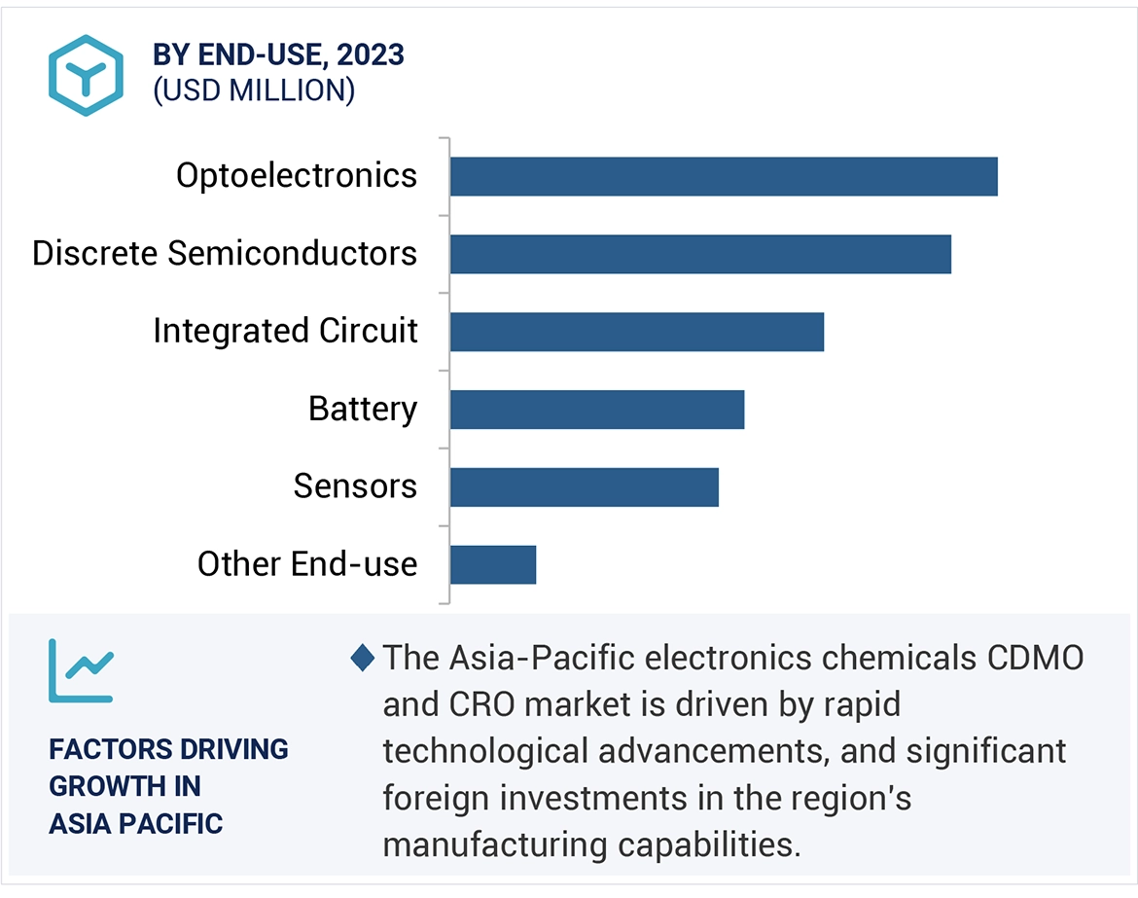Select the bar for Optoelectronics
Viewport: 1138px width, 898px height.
pos(724,176)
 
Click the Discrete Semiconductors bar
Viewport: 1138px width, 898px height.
pos(700,254)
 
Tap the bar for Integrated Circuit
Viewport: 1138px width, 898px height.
pos(637,332)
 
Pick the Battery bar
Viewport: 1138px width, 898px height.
pos(597,410)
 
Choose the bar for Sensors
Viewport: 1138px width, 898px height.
pos(585,486)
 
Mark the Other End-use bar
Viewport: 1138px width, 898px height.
pos(493,564)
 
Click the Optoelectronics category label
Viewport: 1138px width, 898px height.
pos(297,176)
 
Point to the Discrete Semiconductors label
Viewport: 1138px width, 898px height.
pos(225,254)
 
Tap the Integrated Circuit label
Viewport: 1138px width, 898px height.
pos(285,332)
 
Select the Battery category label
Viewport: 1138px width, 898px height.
pos(363,409)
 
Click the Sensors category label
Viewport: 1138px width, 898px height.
pos(355,486)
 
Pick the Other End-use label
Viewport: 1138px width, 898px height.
pos(307,564)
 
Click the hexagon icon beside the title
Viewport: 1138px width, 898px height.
pos(87,75)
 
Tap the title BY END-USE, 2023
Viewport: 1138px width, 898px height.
pos(278,55)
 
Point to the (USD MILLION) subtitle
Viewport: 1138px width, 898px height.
pos(254,90)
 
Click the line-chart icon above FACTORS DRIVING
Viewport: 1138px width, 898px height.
pos(81,670)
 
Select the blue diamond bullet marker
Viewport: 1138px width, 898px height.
pos(362,659)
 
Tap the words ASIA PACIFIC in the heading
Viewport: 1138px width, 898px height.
pos(136,824)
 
